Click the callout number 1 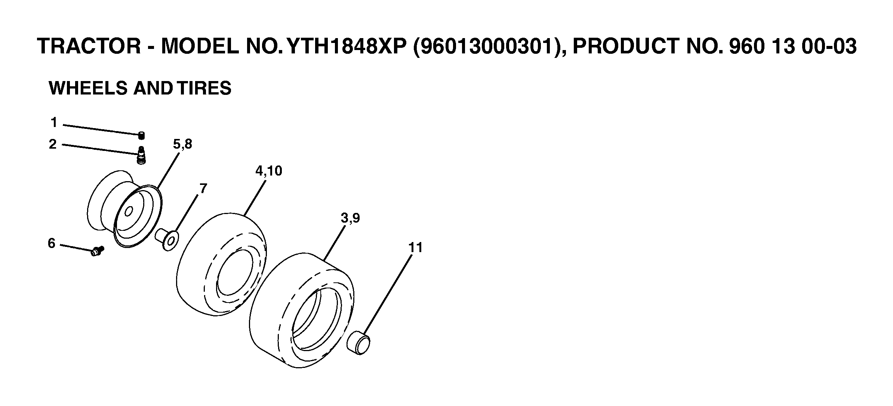[x=54, y=123]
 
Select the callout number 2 [x=53, y=144]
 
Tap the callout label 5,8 [x=182, y=144]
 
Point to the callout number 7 [x=203, y=189]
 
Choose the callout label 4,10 [x=269, y=171]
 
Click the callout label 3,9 [x=350, y=218]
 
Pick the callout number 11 [x=415, y=247]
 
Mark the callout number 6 [x=52, y=244]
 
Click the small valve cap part [x=141, y=136]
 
